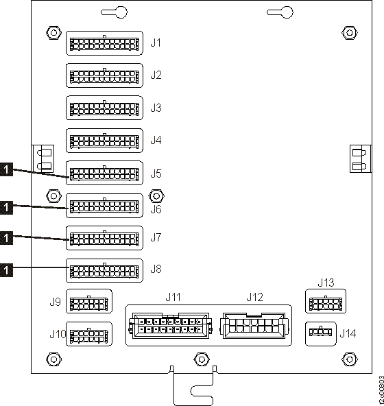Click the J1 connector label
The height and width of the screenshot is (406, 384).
pos(156,43)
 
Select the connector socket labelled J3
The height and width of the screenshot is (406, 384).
pos(104,108)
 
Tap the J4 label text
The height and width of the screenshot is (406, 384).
pos(156,141)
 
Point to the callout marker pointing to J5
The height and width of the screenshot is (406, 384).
pos(6,167)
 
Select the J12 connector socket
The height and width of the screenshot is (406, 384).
pos(254,325)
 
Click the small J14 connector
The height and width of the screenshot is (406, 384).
pos(320,333)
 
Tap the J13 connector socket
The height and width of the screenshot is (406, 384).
pos(325,302)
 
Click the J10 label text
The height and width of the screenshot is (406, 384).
pos(57,334)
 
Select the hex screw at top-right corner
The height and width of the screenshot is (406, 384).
pos(348,33)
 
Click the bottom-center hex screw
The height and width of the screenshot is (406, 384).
pos(201,359)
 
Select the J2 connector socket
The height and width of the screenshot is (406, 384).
pos(104,75)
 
